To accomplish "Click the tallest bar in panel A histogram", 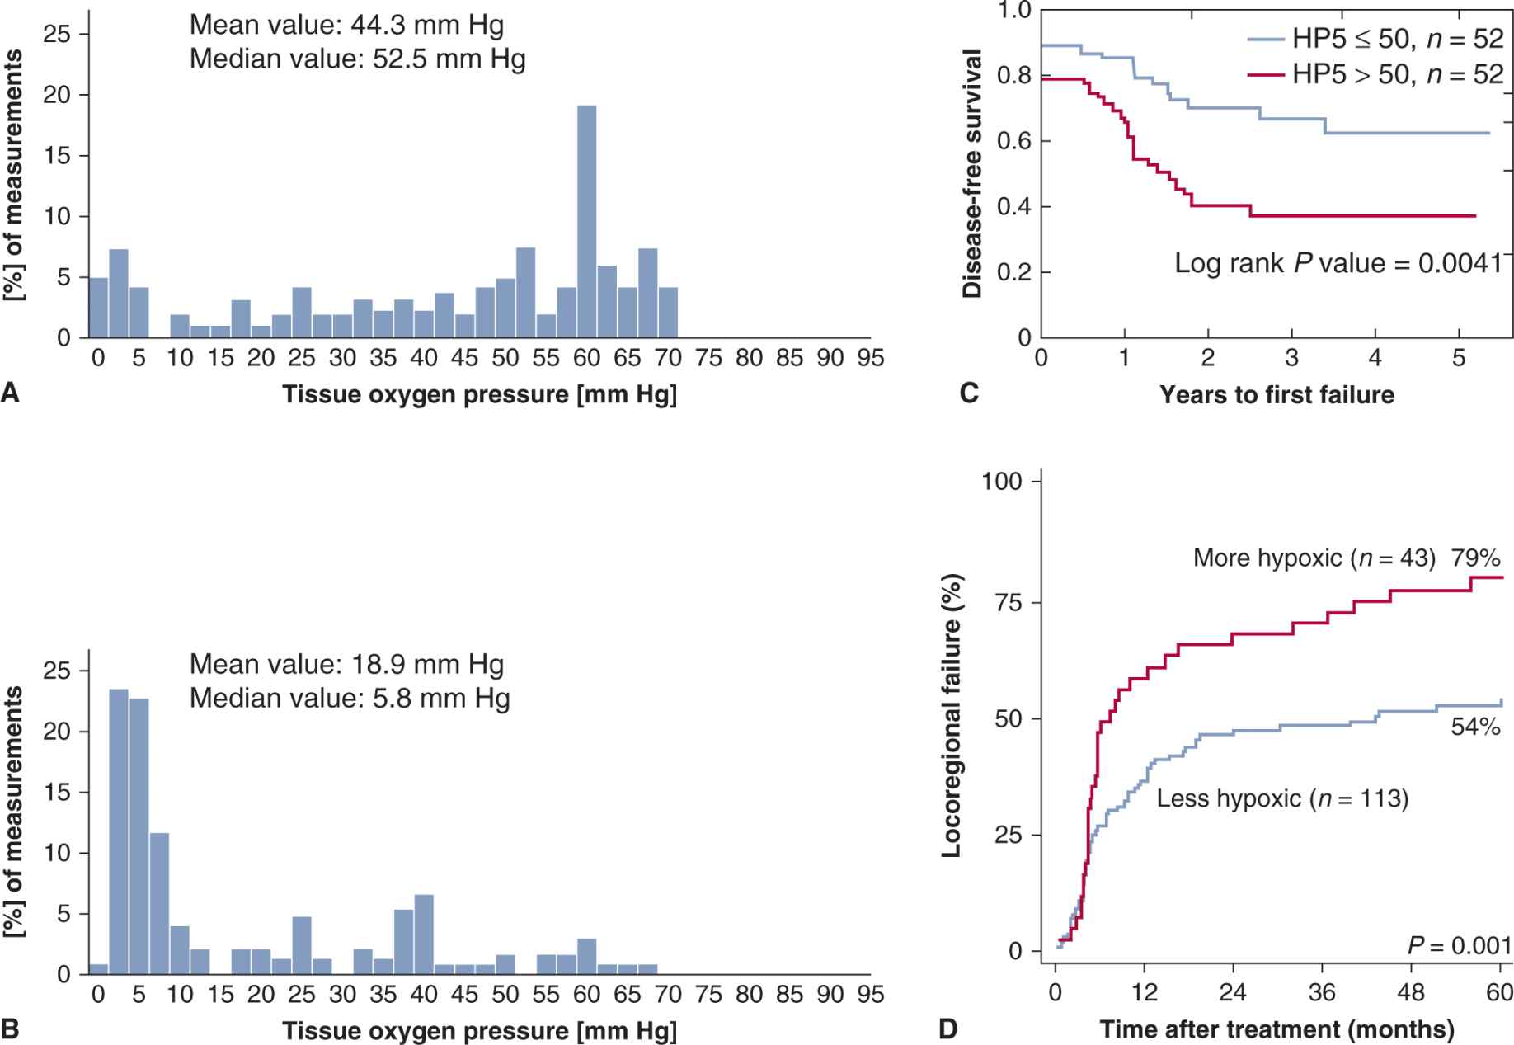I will click(586, 221).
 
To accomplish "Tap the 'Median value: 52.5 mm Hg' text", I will click(357, 60).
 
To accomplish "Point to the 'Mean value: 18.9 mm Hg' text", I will click(346, 665).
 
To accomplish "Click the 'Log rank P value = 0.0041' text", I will click(1338, 263).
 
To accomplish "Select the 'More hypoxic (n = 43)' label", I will click(1314, 558).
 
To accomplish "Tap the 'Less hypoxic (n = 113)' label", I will click(1282, 798).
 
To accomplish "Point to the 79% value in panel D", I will click(1476, 558).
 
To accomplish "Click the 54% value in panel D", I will click(1475, 727).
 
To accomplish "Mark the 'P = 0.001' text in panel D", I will click(1459, 945).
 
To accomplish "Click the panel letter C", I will click(969, 393).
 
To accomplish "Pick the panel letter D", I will click(948, 1029).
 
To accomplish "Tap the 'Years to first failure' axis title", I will click(1277, 395).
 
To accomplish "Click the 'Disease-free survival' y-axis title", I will click(973, 173).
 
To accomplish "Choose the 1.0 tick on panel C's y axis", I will click(1014, 11).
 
